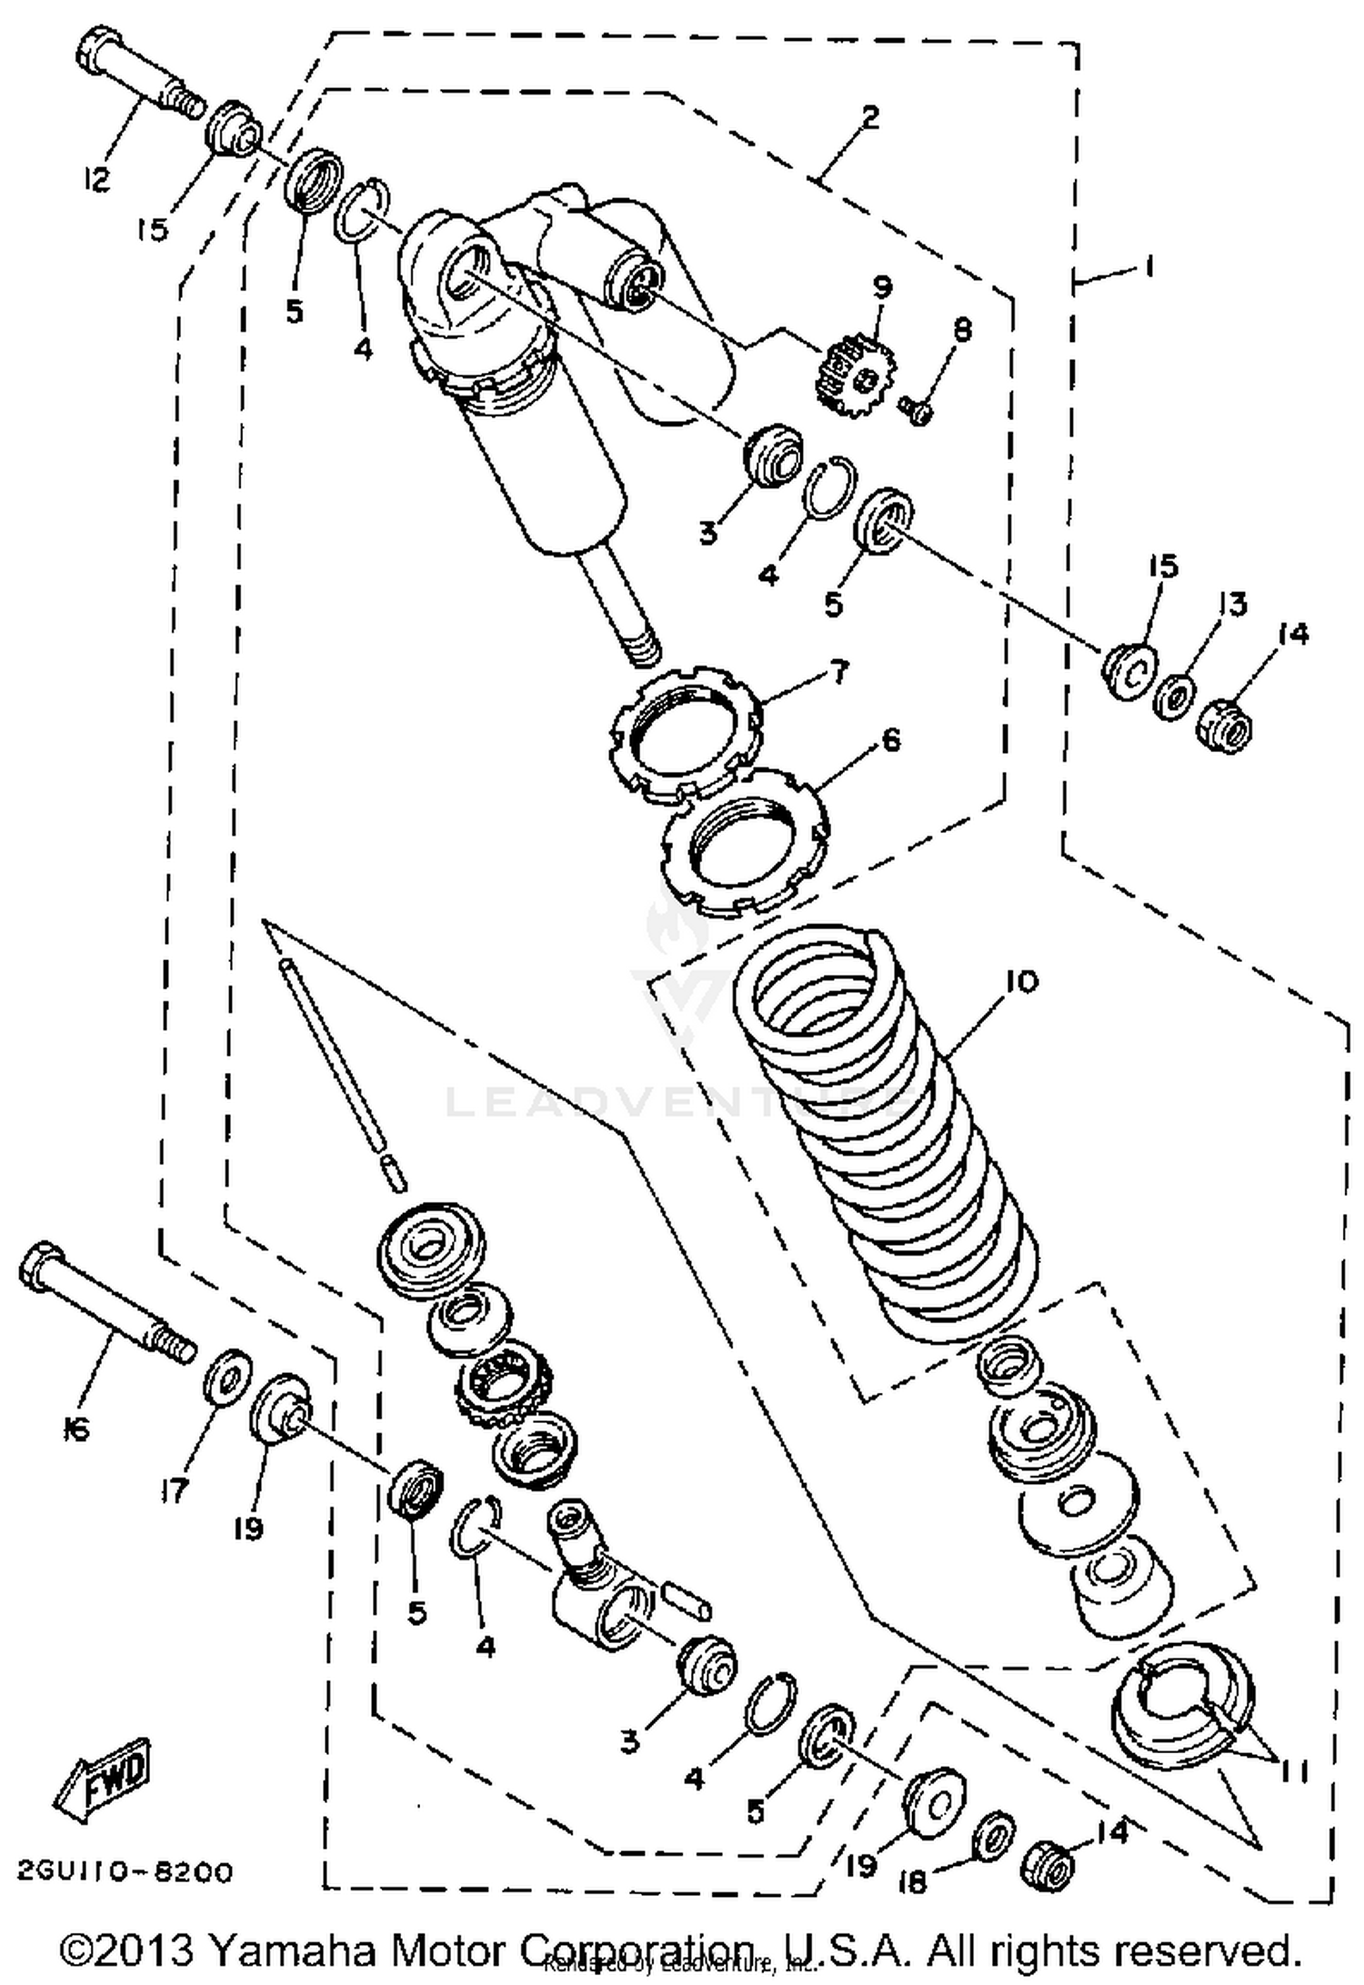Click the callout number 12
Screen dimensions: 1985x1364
pos(95,179)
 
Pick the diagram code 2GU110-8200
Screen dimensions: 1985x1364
pos(125,1871)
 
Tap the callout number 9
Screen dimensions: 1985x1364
pos(880,286)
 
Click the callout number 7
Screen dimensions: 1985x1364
pos(837,672)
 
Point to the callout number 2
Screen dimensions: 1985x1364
pos(869,116)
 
